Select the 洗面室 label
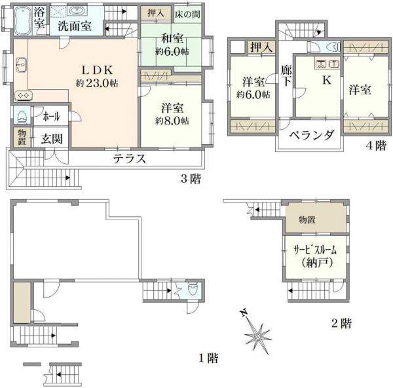point(74,27)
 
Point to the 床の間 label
point(187,12)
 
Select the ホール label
point(50,117)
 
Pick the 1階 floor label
point(208,358)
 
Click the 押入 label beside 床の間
point(156,12)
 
